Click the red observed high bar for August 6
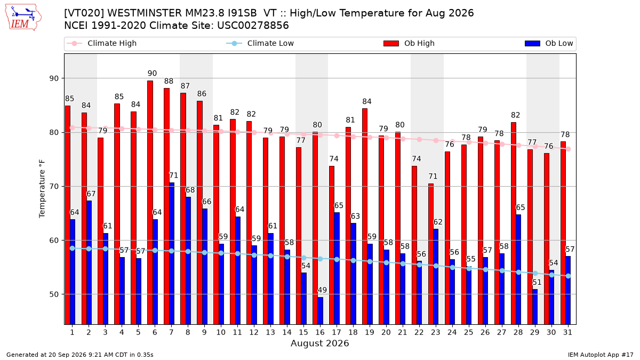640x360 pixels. click(x=150, y=203)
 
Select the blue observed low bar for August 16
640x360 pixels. click(x=321, y=311)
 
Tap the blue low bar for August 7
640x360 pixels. click(x=171, y=254)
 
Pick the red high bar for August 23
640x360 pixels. click(x=431, y=254)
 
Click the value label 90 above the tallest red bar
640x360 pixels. click(x=153, y=74)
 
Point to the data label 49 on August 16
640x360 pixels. click(x=322, y=290)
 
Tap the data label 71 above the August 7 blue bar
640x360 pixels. click(x=173, y=175)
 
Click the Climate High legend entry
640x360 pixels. click(x=102, y=43)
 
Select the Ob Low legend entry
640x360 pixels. click(x=549, y=43)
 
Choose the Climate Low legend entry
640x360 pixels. click(x=260, y=43)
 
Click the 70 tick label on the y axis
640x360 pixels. click(x=54, y=187)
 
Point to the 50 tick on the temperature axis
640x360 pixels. click(x=54, y=294)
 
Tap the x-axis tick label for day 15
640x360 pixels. click(x=303, y=333)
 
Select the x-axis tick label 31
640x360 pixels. click(x=567, y=333)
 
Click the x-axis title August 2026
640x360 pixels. click(x=320, y=343)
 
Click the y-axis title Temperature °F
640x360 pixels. click(x=42, y=189)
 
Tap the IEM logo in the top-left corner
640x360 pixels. click(x=23, y=17)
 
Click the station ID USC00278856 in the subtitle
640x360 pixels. click(x=253, y=26)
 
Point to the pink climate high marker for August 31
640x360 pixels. click(x=569, y=149)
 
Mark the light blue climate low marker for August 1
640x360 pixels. click(x=73, y=249)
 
